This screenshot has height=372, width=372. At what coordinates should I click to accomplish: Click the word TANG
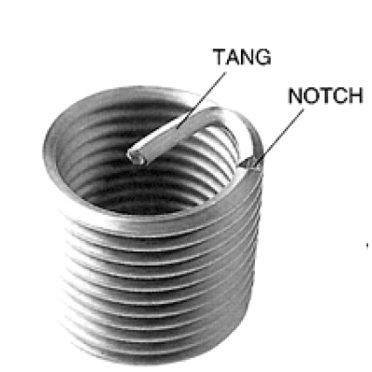[243, 57]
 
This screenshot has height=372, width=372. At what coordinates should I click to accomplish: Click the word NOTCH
[325, 96]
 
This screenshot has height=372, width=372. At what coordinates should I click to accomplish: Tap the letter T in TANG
[219, 57]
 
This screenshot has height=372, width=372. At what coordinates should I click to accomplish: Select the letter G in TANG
[263, 57]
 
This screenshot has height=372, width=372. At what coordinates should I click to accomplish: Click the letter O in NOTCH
[311, 96]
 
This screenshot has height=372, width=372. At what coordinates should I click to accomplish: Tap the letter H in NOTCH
[356, 96]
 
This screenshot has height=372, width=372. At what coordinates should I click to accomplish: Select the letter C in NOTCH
[340, 96]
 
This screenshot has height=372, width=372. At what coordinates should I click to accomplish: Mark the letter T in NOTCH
[325, 96]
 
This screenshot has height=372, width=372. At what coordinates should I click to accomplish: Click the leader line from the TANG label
[201, 100]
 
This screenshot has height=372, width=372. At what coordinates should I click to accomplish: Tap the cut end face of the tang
[137, 157]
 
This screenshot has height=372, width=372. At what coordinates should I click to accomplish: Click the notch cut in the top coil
[251, 163]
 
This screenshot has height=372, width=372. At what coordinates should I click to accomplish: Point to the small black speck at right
[367, 246]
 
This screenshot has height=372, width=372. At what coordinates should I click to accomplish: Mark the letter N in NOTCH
[295, 96]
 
